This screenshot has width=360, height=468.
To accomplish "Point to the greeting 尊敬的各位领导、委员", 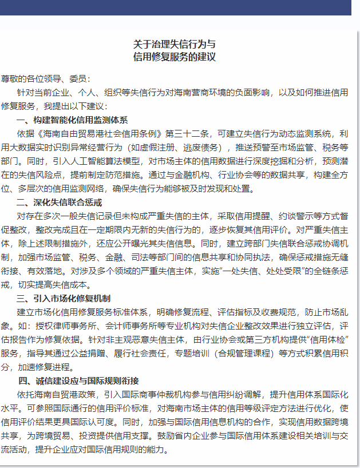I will point(42,78).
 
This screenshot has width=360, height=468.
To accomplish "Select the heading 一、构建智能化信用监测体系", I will point(72,120).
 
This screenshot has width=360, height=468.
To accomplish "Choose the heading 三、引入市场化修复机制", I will point(64,298).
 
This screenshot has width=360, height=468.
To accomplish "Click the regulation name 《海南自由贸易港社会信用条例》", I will point(100,134).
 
